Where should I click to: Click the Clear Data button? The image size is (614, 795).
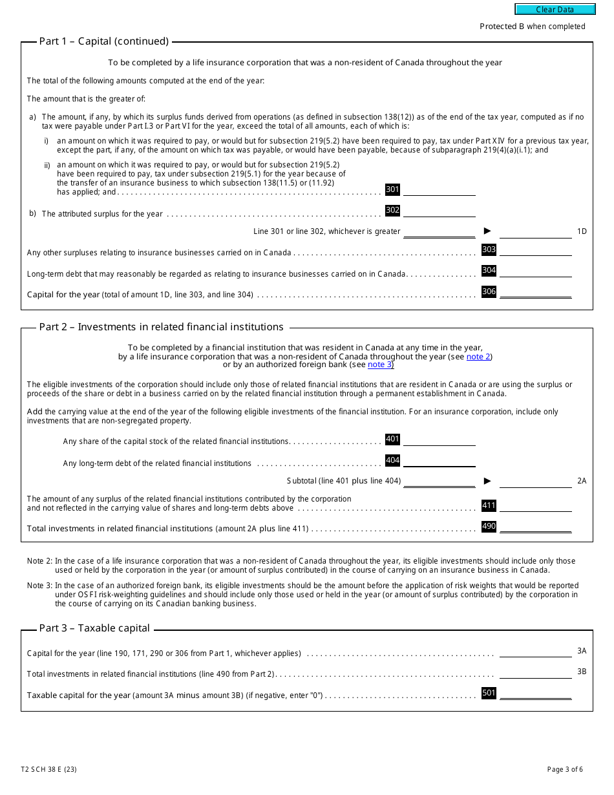pos(555,10)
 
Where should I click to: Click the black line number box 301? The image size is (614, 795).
pos(392,189)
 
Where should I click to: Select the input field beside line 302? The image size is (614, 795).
pos(439,211)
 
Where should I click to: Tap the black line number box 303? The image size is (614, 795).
pos(489,249)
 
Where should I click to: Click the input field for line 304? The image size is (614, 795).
pos(535,271)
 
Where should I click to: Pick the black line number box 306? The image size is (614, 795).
pos(489,291)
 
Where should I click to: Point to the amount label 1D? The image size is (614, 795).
pos(582,231)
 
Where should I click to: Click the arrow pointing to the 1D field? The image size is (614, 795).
pos(487,231)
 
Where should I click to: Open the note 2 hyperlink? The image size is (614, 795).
pos(478,356)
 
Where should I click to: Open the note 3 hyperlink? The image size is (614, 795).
pos(379,365)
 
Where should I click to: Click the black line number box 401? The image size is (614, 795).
pos(392,439)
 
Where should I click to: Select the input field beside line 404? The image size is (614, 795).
pos(439,461)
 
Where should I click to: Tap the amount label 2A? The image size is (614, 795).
pos(582,481)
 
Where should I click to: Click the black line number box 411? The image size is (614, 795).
pos(489,505)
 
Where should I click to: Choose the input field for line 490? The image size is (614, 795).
pos(535,527)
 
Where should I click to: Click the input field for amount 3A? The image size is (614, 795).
pos(535,652)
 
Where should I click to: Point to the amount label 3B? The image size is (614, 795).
pos(582,672)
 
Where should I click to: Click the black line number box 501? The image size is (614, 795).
pos(489,693)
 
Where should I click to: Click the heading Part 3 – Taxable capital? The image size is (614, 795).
pos(94,628)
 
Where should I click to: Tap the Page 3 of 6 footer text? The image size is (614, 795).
pos(564,769)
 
